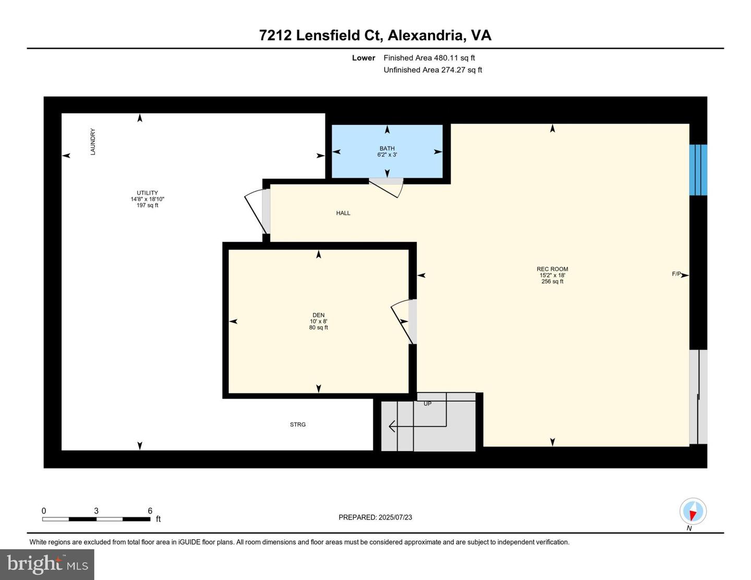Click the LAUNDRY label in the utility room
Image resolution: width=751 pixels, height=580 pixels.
93,142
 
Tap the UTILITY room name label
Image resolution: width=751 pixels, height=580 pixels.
147,193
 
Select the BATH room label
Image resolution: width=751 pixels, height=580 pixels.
387,149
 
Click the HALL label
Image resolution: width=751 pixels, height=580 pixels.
343,213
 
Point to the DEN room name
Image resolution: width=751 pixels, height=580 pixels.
318,315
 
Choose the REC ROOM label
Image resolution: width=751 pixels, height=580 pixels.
552,269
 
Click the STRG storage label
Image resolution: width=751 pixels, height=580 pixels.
298,425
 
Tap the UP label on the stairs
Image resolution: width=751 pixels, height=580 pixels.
427,404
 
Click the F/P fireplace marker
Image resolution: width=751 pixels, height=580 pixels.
676,274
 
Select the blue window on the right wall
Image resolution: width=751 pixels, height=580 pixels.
698,170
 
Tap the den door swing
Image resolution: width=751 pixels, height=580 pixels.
403,320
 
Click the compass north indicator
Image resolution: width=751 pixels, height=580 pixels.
693,512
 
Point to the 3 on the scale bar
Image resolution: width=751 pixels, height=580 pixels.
96,511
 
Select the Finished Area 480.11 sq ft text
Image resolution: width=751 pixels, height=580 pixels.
429,58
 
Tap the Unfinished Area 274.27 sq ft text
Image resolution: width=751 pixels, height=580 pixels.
433,70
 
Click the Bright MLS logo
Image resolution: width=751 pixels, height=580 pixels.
47,564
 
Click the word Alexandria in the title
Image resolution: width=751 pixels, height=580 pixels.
426,35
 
